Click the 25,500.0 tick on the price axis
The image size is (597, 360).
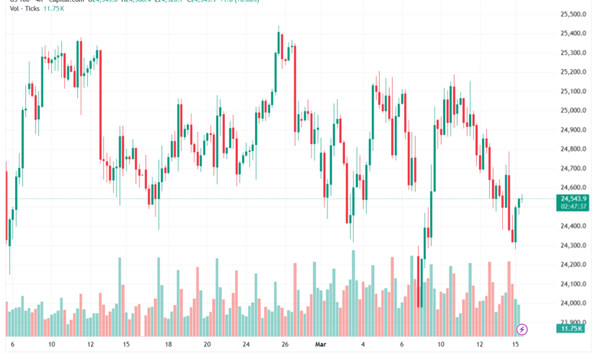click(x=573, y=15)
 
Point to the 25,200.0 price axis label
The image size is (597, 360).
click(x=573, y=72)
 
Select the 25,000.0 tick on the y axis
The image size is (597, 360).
click(x=573, y=110)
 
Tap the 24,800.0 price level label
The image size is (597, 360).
click(x=573, y=149)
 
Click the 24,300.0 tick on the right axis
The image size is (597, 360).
click(x=573, y=245)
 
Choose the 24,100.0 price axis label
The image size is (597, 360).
click(x=573, y=284)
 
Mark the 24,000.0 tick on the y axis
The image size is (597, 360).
click(x=573, y=303)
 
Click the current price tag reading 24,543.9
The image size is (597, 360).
click(x=572, y=198)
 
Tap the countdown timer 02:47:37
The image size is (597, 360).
click(x=572, y=207)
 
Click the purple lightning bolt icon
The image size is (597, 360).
click(x=522, y=329)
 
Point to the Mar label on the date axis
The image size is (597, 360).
click(x=322, y=345)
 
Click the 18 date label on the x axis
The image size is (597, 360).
click(x=168, y=345)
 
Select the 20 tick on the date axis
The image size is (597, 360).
click(x=207, y=345)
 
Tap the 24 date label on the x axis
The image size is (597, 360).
click(x=246, y=345)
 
